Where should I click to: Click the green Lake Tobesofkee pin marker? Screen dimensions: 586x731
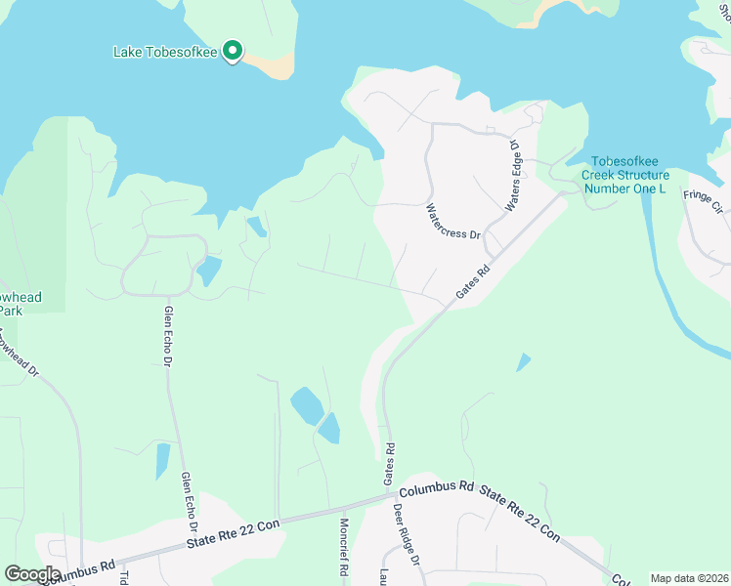pyautogui.click(x=232, y=51)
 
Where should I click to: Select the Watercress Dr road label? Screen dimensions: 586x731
pyautogui.click(x=454, y=222)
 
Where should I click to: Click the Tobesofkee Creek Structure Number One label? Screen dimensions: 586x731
pyautogui.click(x=625, y=175)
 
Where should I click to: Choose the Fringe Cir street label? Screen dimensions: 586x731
pyautogui.click(x=702, y=201)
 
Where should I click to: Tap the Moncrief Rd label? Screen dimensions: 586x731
pyautogui.click(x=345, y=544)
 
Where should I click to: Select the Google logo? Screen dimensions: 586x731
pyautogui.click(x=32, y=573)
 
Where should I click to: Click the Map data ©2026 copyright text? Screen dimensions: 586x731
pyautogui.click(x=688, y=578)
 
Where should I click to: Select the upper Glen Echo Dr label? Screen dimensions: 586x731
pyautogui.click(x=168, y=336)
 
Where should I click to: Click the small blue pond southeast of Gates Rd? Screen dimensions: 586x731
pyautogui.click(x=524, y=362)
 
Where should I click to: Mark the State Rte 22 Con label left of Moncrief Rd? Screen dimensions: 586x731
pyautogui.click(x=235, y=533)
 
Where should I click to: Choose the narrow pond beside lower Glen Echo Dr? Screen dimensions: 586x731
pyautogui.click(x=162, y=460)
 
